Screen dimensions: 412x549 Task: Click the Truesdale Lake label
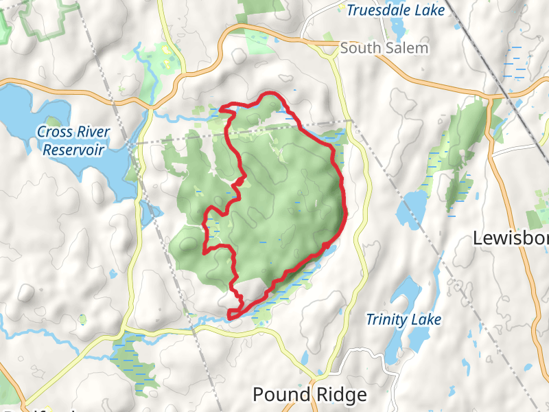395,10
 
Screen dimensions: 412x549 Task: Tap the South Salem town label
384,48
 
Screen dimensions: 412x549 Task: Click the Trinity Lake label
403,320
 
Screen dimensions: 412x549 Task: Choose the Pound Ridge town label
309,395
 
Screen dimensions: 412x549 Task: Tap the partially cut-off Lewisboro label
511,238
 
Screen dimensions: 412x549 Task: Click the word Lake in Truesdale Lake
430,10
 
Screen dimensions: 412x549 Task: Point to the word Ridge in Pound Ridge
341,395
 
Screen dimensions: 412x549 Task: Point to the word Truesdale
379,10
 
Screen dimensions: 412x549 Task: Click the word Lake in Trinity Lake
428,320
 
